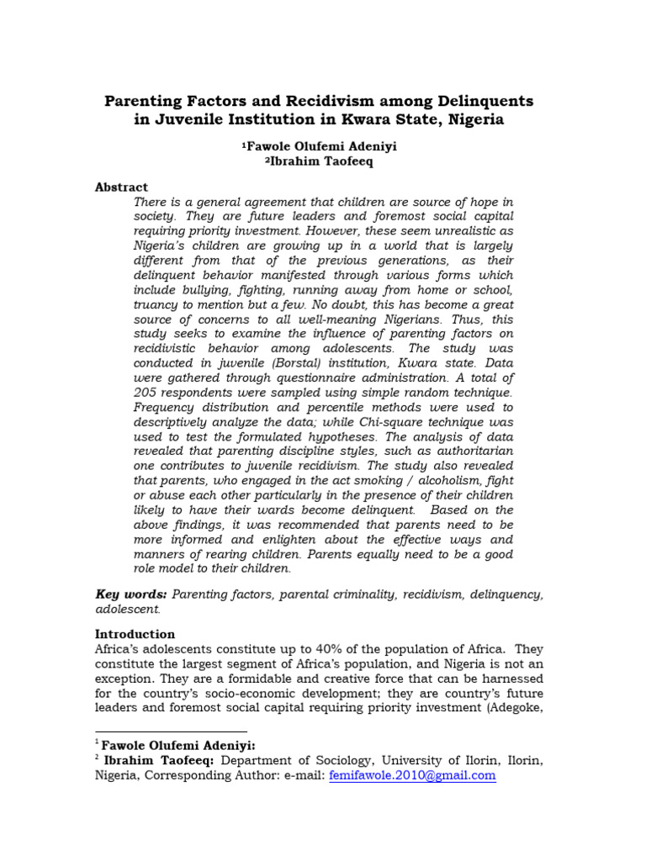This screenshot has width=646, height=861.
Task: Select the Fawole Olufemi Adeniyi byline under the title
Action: [x=319, y=147]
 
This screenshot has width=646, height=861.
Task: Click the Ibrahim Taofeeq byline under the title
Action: [x=319, y=161]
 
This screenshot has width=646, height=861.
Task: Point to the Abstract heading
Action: [x=121, y=188]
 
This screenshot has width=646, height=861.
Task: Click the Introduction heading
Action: [x=135, y=634]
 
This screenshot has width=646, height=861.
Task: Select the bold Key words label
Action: [x=126, y=594]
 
